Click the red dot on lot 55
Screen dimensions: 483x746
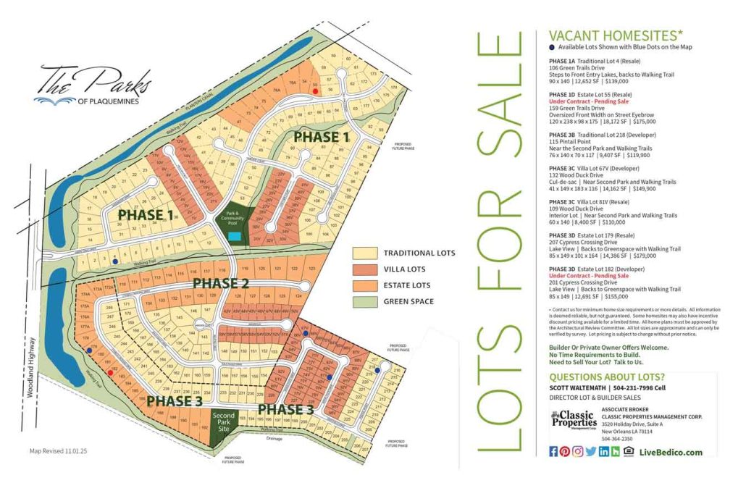314,84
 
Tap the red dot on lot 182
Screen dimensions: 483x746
109,374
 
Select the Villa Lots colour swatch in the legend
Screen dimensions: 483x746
364,269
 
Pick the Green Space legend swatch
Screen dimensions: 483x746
364,301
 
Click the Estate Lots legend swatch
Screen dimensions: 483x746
364,285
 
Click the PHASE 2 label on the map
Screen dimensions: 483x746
221,282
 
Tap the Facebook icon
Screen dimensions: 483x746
554,452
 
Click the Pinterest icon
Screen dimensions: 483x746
566,452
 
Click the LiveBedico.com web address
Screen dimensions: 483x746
670,452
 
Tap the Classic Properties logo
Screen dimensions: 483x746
572,420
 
